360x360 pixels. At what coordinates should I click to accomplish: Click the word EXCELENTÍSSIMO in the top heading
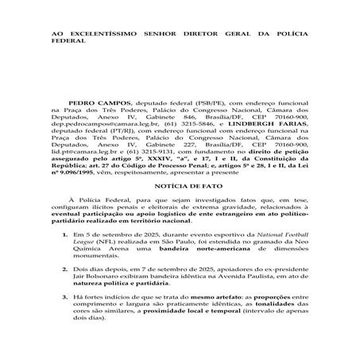pos(108,34)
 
